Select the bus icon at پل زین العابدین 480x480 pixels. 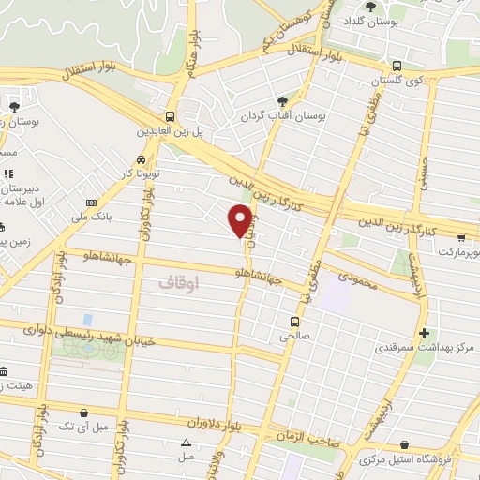point(170,117)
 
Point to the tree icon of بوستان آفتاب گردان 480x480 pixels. point(282,101)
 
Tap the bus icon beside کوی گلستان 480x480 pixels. point(397,67)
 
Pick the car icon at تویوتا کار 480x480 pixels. point(140,160)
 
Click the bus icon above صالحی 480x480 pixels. point(292,322)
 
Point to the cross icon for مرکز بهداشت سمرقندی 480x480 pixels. point(424,333)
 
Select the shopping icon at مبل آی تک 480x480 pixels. point(85,412)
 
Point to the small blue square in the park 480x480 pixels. point(88,321)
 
